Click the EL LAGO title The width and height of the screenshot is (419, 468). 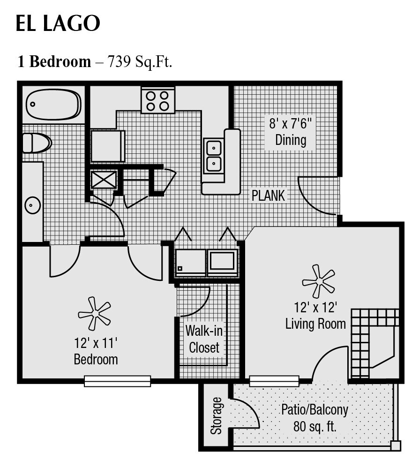tap(58, 23)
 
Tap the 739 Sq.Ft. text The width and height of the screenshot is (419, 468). tap(140, 61)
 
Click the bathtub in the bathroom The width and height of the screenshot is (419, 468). tap(53, 104)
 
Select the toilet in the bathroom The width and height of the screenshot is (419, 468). tap(37, 143)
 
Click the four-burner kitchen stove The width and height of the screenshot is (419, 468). tap(157, 100)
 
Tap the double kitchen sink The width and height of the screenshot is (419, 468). tap(213, 156)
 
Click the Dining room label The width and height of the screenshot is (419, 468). tap(291, 140)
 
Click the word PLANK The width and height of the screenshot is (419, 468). tap(268, 196)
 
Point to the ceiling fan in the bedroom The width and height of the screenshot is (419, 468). tap(94, 313)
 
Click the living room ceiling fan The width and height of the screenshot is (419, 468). tap(319, 281)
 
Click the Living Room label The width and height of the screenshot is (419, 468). tap(315, 323)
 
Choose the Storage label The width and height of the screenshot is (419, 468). tap(216, 415)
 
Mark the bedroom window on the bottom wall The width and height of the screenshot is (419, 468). tap(117, 381)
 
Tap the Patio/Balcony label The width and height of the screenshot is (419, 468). tap(314, 410)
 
